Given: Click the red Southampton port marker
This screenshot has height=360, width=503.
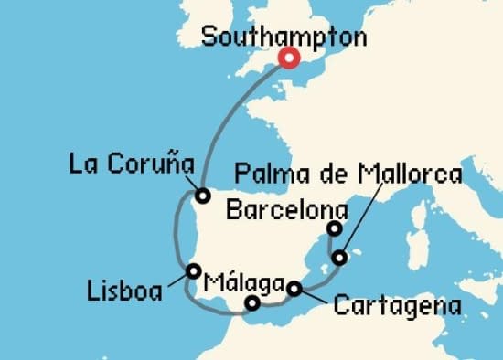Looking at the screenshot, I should [289, 58].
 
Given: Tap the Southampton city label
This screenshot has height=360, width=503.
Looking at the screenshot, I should [284, 37].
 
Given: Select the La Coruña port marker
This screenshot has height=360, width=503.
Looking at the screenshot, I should [202, 196].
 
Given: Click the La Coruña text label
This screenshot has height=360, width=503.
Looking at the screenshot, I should [133, 166].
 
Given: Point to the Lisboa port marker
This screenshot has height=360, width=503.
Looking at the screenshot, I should [194, 270].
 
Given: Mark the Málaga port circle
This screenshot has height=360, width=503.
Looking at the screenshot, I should [252, 303].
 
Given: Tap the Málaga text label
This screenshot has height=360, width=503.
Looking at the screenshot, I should [240, 281].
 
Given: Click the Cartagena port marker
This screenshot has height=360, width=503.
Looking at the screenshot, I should [294, 289].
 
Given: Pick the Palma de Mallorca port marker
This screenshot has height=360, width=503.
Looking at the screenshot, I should [339, 258].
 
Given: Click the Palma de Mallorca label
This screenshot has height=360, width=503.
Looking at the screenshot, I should [348, 172].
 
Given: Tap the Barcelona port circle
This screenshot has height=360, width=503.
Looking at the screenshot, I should [336, 228].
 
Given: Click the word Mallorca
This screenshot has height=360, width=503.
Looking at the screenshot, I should [409, 172].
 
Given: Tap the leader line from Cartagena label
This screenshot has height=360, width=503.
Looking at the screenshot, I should [314, 296].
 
